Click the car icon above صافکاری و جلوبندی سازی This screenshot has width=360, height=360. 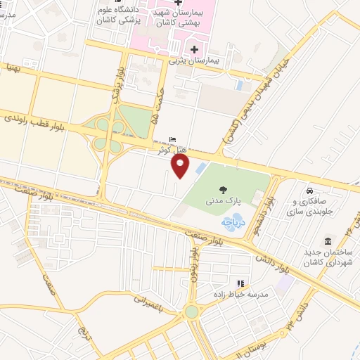click(x=309, y=191)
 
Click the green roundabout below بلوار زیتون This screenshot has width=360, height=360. click(x=191, y=310)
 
